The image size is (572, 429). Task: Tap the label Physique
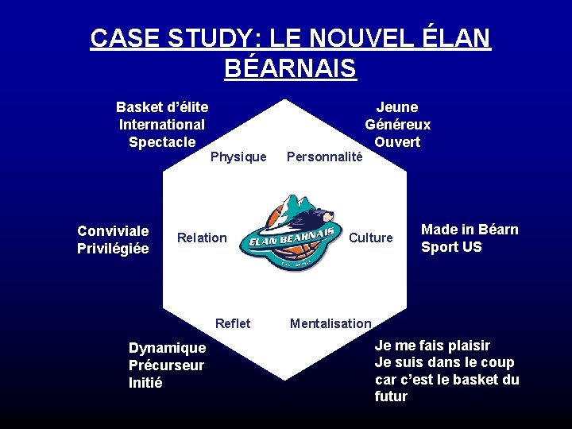[238, 157]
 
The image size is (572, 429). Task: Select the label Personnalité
[324, 157]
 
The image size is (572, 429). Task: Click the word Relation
[202, 238]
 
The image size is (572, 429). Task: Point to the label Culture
[371, 238]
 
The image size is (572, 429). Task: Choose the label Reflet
[233, 323]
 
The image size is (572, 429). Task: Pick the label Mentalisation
[330, 323]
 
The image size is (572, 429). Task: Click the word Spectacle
[162, 142]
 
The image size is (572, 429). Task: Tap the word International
[162, 125]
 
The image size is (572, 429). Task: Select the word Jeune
[397, 107]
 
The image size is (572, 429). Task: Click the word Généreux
[397, 125]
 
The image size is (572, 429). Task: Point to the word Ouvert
[397, 142]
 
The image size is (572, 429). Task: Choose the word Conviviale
[113, 231]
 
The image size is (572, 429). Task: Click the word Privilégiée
[113, 249]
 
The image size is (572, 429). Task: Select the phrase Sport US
[451, 247]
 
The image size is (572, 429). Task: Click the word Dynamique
[167, 348]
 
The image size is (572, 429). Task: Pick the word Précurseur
[166, 365]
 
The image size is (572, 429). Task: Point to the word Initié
[145, 383]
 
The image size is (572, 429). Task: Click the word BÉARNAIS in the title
[290, 68]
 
